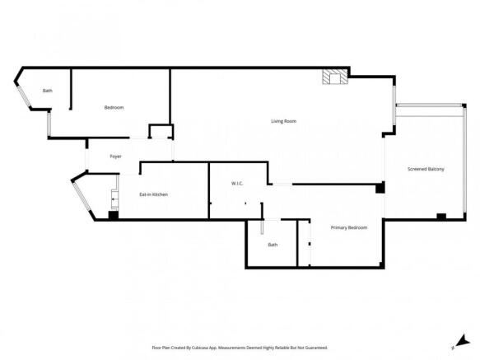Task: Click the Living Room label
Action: coord(283,121)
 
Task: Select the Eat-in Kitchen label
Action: coord(153,194)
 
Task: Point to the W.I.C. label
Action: coord(235,183)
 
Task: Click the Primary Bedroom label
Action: coord(348,227)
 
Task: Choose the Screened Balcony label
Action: coord(426,169)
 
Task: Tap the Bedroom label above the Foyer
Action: coord(114,108)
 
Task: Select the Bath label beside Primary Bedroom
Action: coord(273,245)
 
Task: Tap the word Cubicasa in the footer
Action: coord(206,348)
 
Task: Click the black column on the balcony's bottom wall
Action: coord(441,217)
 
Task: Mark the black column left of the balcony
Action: coord(380,189)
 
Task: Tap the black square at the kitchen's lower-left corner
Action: coord(114,216)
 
